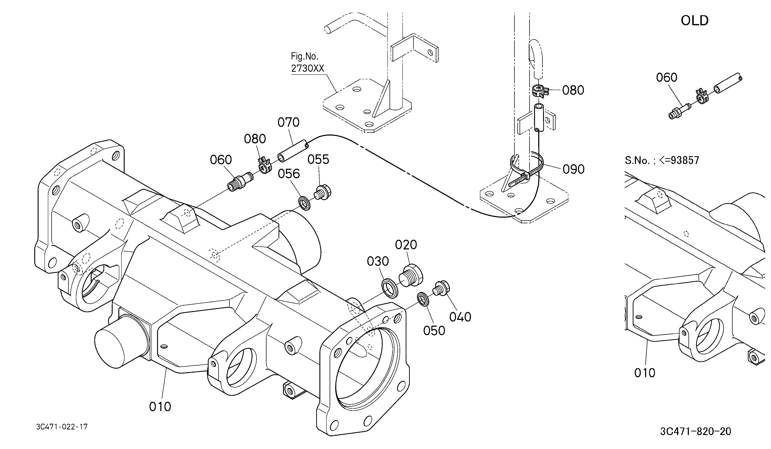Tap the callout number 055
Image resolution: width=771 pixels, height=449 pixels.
(318, 159)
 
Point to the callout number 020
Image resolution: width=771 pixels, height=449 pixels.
(406, 245)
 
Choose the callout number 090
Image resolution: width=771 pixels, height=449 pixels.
(573, 169)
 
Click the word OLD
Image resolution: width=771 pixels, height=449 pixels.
(695, 20)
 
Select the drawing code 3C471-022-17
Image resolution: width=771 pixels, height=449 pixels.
(62, 427)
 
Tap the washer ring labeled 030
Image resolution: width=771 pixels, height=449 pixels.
(390, 287)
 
